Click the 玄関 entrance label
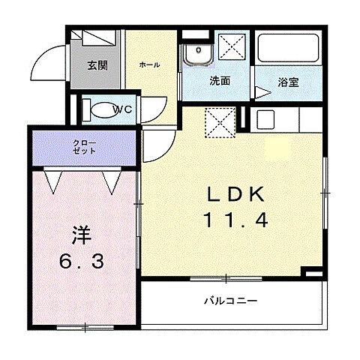tap(97, 65)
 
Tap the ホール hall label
tap(148, 65)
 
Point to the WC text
tap(123, 109)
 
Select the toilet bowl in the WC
tap(97, 109)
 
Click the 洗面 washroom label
tap(219, 81)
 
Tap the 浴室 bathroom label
tap(288, 81)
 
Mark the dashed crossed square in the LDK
tap(220, 123)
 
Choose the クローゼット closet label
tap(84, 145)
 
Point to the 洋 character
tap(81, 236)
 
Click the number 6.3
tap(83, 262)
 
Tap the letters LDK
tap(235, 194)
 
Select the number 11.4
tap(235, 220)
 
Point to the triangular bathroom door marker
tap(262, 93)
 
